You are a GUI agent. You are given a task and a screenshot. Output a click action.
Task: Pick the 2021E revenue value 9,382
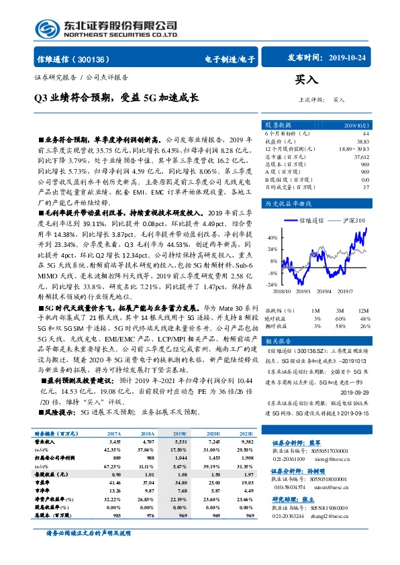click(x=245, y=443)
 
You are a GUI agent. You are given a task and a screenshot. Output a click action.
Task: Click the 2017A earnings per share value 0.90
click(x=114, y=474)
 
